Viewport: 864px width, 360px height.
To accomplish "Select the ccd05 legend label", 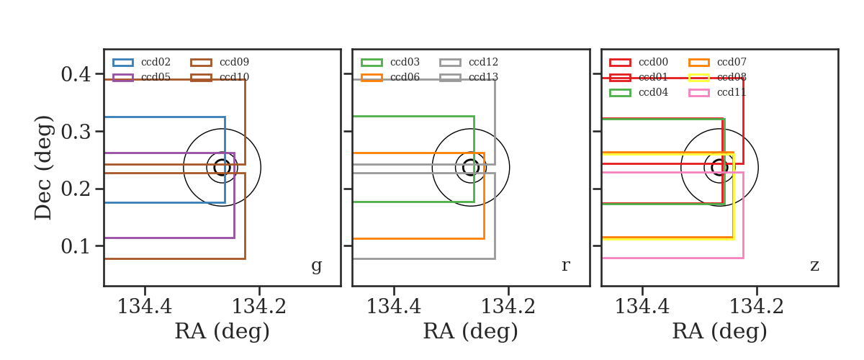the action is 156,77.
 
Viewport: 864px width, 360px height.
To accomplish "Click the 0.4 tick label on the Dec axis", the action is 76,74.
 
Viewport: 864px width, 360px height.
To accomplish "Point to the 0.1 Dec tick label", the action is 76,246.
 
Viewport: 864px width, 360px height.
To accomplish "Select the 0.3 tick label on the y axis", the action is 76,132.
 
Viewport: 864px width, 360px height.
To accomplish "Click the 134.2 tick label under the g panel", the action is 258,307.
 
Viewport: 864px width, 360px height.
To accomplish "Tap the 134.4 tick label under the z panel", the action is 642,307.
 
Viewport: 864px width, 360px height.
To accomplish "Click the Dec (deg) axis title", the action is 42,168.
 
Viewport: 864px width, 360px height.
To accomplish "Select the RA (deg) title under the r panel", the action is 471,331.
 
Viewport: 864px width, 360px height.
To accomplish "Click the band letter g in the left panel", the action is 316,266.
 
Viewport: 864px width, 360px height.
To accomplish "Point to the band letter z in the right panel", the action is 814,266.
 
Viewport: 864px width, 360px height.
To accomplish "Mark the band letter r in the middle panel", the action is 565,266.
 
